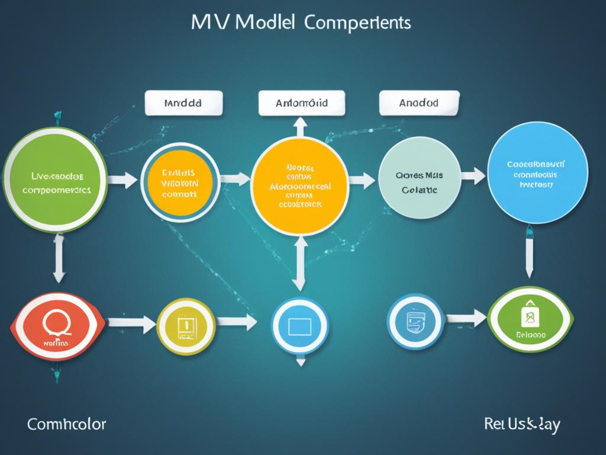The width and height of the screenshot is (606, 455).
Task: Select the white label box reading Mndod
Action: (183, 102)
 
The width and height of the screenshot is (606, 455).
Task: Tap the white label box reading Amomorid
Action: (302, 103)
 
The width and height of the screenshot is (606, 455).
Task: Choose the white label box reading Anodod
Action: (419, 102)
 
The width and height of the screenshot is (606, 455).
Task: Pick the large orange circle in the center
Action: (299, 185)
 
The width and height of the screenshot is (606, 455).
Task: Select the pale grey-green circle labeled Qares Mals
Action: (419, 181)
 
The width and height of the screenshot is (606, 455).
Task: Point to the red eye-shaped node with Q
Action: (58, 326)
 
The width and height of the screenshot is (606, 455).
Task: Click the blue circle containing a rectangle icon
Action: (299, 325)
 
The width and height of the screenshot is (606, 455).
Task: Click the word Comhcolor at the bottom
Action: (66, 424)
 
